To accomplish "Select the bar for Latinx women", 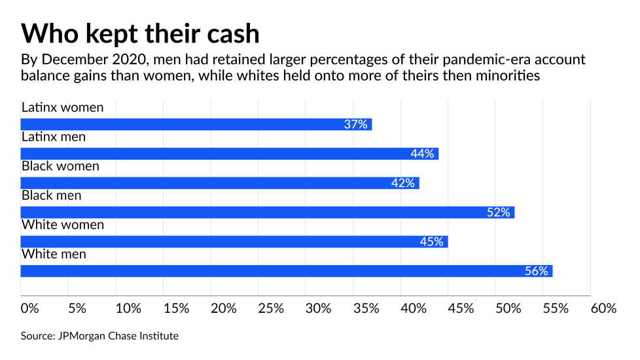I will [196, 124].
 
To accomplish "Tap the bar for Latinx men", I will [229, 154].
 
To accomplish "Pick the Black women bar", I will [220, 183].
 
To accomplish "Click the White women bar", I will [234, 242].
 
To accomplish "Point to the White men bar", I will [287, 270].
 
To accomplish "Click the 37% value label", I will [356, 124].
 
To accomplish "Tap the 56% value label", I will [536, 270].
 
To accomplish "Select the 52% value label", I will [499, 212].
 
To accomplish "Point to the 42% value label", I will [403, 183].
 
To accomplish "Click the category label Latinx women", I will [62, 107].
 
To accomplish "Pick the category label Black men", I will [53, 195].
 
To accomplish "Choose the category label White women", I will [63, 225].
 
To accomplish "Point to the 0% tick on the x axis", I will [30, 308].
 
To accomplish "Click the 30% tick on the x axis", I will [319, 308].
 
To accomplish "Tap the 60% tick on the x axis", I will [603, 308].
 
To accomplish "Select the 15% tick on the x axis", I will [176, 308].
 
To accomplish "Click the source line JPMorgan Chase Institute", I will [99, 336].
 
